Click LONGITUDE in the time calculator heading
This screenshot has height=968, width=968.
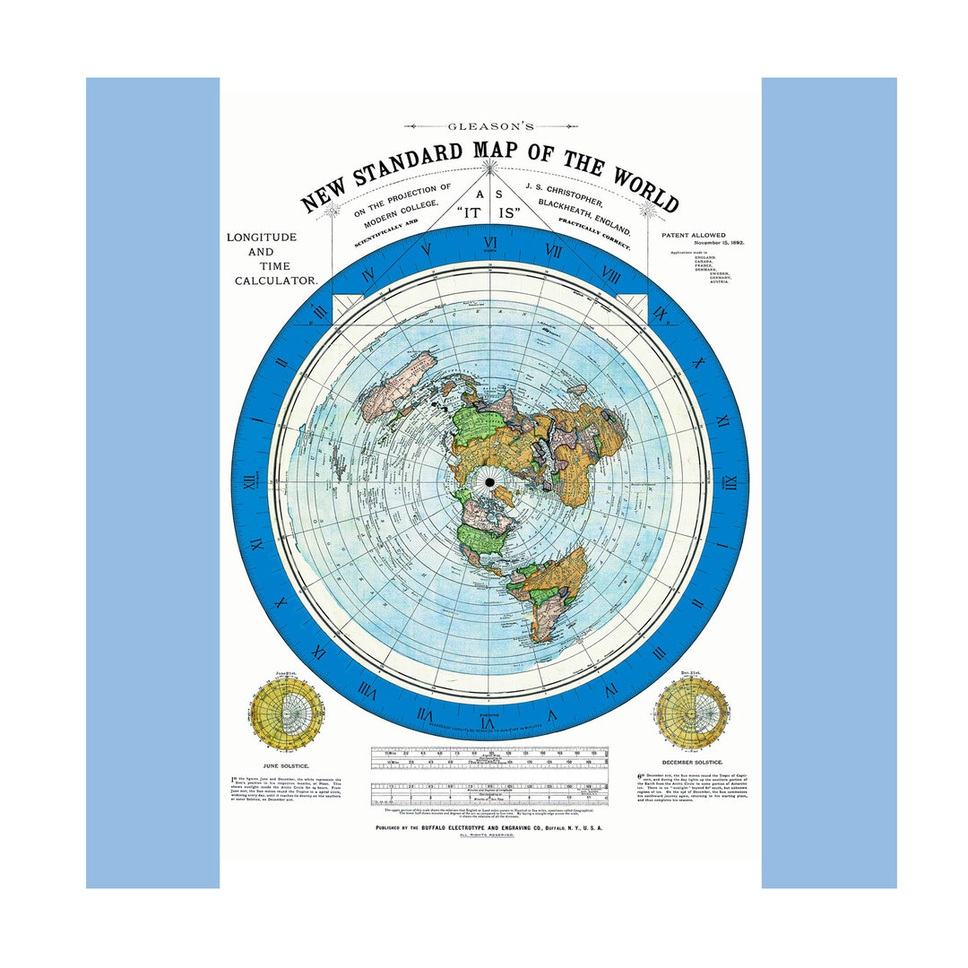pyautogui.click(x=262, y=237)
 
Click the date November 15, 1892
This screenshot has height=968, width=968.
pyautogui.click(x=713, y=243)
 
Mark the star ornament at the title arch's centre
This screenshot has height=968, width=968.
pyautogui.click(x=489, y=166)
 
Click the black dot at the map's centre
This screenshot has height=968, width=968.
pyautogui.click(x=490, y=483)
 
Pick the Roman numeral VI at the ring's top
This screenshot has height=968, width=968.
pyautogui.click(x=490, y=243)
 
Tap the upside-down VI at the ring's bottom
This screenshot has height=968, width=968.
pyautogui.click(x=488, y=722)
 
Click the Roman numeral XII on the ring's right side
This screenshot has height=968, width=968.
pyautogui.click(x=730, y=484)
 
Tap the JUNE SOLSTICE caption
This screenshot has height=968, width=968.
pyautogui.click(x=286, y=765)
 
